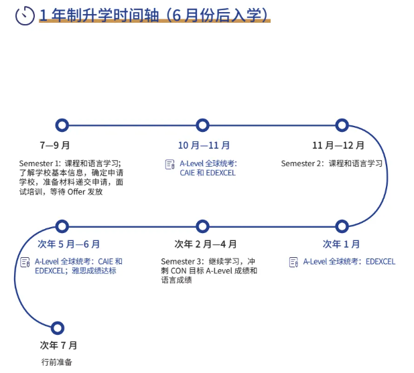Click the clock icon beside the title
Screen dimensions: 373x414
25,15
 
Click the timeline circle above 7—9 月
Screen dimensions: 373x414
62,125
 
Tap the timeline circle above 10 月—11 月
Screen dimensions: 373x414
202,125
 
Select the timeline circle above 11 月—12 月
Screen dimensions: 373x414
342,125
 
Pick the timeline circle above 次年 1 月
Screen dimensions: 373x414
342,226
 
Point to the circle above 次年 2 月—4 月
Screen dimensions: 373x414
202,226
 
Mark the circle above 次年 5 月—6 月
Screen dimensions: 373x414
62,226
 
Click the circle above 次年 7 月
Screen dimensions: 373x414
58,327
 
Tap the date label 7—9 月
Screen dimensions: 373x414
54,145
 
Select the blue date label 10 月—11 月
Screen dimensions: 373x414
204,145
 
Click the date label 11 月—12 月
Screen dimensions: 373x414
338,145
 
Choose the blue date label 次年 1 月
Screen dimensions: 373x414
341,244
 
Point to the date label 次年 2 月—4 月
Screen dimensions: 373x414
205,244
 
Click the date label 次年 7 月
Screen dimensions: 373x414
58,346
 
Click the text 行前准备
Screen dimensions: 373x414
56,362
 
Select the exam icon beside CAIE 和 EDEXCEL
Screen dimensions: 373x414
169,164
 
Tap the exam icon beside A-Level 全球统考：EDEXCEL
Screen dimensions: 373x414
293,262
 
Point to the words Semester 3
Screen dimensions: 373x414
179,261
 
